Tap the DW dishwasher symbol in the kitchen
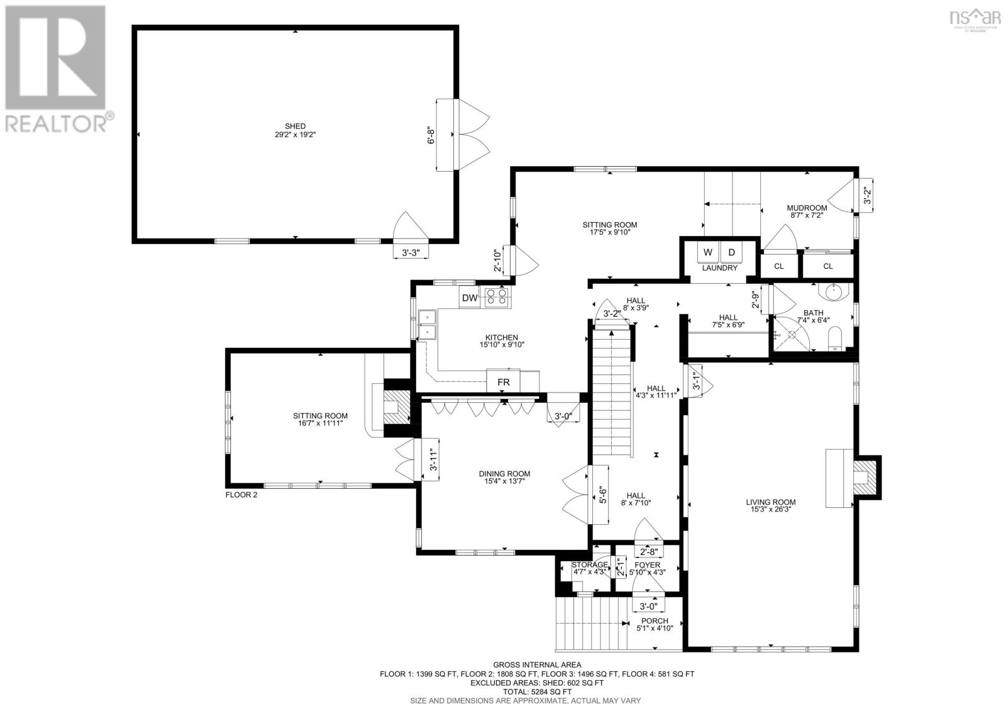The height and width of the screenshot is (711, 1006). pyautogui.click(x=469, y=298)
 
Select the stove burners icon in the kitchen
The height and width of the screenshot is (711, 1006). pyautogui.click(x=496, y=297)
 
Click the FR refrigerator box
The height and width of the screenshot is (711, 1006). pyautogui.click(x=504, y=382)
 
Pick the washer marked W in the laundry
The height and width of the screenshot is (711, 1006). pyautogui.click(x=708, y=253)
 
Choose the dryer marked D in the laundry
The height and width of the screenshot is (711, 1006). pyautogui.click(x=731, y=253)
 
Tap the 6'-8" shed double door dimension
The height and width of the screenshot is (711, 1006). pyautogui.click(x=432, y=135)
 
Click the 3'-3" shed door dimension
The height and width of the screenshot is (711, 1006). pyautogui.click(x=410, y=252)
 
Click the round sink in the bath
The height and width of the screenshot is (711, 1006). pyautogui.click(x=834, y=291)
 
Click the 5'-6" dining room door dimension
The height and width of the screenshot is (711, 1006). pyautogui.click(x=602, y=495)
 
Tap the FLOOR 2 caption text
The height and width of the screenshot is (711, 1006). pyautogui.click(x=241, y=495)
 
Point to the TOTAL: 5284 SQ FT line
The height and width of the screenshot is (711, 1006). pyautogui.click(x=537, y=691)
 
